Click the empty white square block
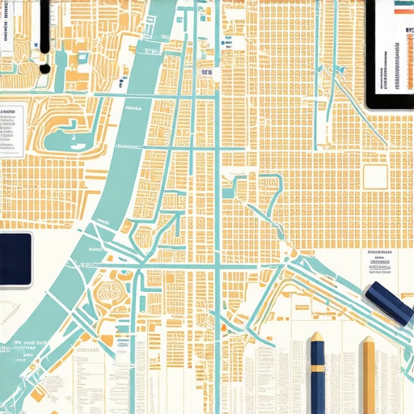click(374, 175)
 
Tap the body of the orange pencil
click(370, 380)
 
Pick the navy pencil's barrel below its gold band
click(317, 392)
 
